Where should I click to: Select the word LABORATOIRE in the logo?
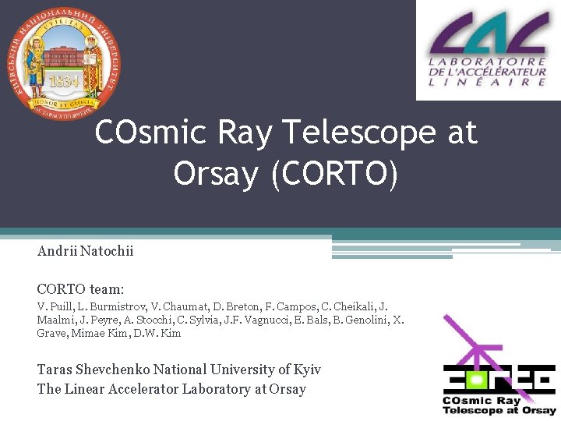pos(489,62)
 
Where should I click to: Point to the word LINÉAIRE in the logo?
pos(489,82)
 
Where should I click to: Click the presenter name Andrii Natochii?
pos(85,252)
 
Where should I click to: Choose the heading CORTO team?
pos(80,288)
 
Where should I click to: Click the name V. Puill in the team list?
pos(54,307)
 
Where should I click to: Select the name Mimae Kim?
pos(101,334)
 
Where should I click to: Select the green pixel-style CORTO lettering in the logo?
pos(499,380)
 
